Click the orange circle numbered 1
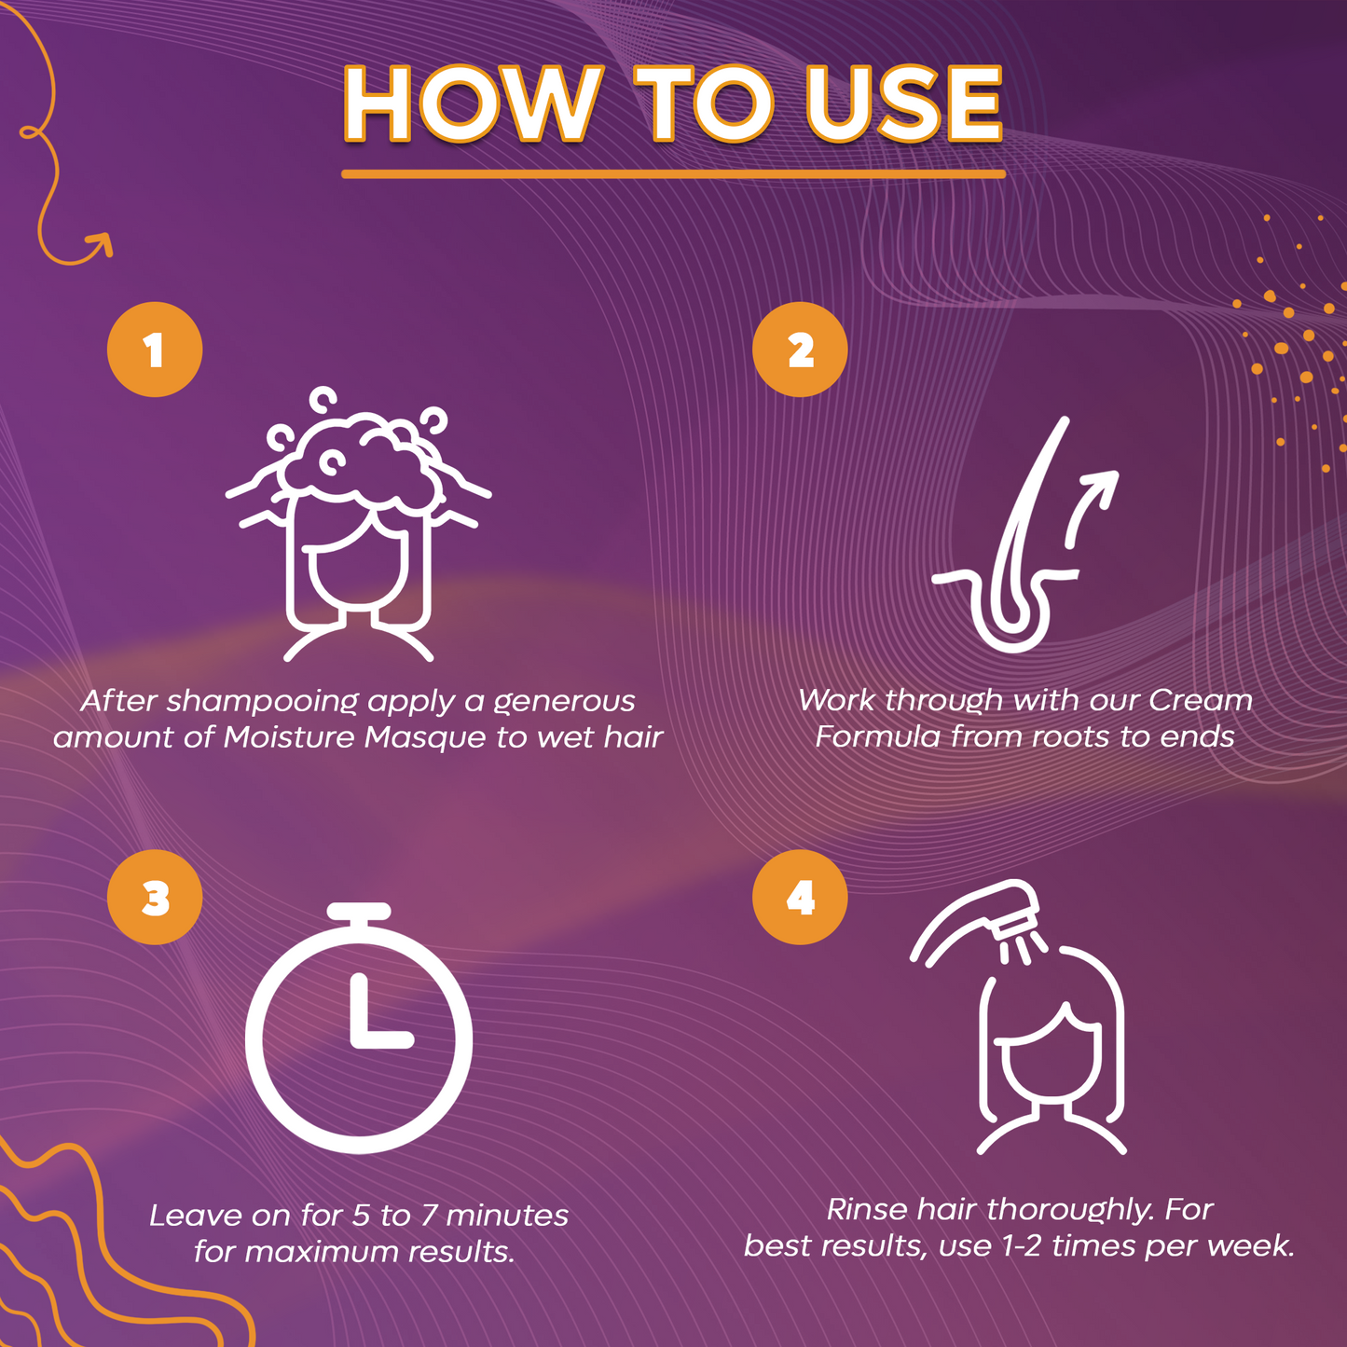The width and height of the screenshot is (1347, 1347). [x=155, y=350]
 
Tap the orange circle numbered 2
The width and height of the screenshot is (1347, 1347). [x=800, y=350]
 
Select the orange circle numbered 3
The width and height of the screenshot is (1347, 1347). [x=155, y=898]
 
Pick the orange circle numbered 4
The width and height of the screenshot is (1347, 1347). [x=800, y=898]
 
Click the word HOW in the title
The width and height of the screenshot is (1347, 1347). [x=474, y=103]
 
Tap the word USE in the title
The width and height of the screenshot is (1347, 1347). [x=904, y=103]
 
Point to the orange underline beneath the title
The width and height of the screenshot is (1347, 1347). [x=673, y=174]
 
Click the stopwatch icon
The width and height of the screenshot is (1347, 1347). [x=359, y=1027]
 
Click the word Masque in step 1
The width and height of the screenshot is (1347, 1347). [x=425, y=739]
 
